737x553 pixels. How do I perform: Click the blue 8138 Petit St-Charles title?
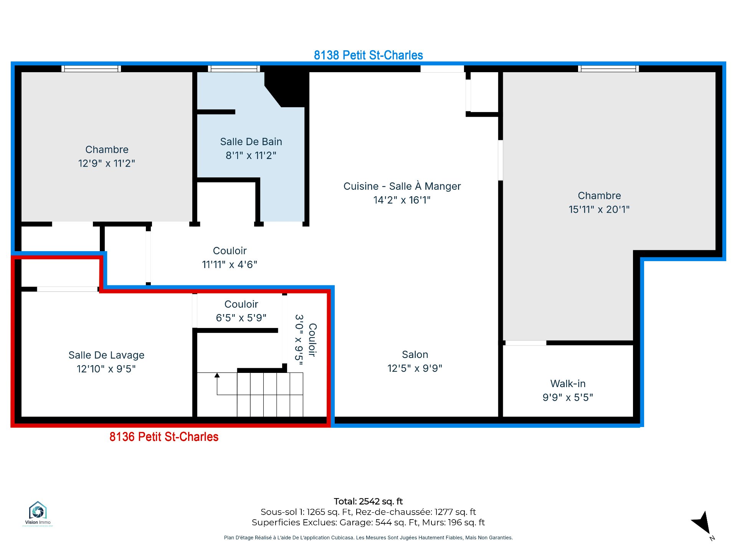(368, 55)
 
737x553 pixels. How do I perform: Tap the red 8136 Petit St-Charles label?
(164, 437)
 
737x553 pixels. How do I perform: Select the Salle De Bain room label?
(251, 142)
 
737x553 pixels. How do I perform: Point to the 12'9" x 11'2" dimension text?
(107, 163)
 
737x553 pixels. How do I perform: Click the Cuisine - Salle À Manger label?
(402, 186)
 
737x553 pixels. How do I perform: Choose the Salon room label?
(415, 354)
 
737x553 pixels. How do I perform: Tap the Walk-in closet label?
(568, 384)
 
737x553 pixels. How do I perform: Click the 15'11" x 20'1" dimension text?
(599, 209)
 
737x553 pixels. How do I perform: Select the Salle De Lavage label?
(106, 355)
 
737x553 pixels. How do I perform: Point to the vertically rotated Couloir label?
(312, 340)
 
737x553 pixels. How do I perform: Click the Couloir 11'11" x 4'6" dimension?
(230, 265)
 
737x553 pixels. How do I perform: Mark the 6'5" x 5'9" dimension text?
(241, 318)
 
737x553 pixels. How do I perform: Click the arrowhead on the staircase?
(217, 375)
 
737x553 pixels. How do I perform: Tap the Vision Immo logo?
(38, 514)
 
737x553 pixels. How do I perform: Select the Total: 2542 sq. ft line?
(368, 501)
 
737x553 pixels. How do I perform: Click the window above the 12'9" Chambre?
(91, 69)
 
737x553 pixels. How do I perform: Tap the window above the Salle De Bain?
(234, 69)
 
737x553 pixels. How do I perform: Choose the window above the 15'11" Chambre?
(608, 69)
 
